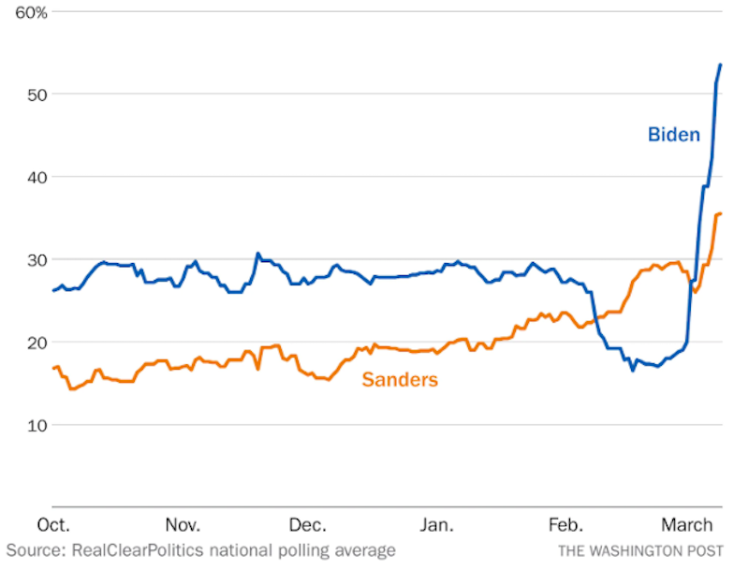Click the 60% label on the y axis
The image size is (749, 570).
[30, 12]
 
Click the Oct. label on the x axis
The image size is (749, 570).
[53, 524]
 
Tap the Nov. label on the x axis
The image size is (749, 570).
[183, 524]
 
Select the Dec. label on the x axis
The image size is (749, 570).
[308, 524]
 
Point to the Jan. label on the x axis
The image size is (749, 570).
[437, 524]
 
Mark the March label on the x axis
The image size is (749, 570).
[687, 524]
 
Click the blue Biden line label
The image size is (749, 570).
[673, 135]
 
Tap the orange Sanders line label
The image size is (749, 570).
[400, 380]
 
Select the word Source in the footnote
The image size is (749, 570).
[34, 550]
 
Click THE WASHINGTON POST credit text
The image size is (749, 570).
[640, 551]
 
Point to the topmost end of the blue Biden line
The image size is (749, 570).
[720, 65]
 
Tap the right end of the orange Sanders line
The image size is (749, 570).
[720, 213]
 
